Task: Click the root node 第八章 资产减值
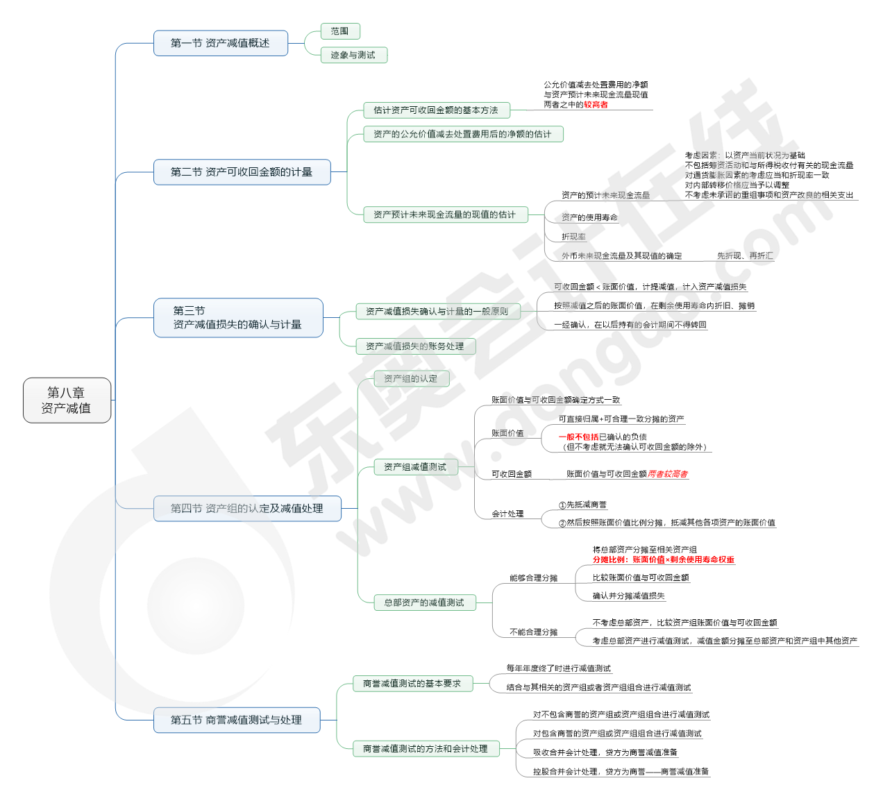pos(67,400)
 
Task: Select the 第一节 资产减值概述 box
pos(220,43)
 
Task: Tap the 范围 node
pos(340,31)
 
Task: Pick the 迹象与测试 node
pos(353,55)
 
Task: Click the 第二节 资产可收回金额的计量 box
pos(242,172)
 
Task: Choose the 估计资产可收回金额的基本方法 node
pos(436,110)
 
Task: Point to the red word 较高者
pos(596,105)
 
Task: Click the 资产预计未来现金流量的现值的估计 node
pos(445,214)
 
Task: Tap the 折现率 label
pos(573,237)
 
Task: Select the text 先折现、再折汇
pos(745,256)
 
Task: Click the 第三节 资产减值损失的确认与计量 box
pos(237,318)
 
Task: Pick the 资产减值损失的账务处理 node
pos(415,346)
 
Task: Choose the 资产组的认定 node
pos(411,379)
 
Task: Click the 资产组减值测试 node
pos(415,467)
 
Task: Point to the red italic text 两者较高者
pos(668,474)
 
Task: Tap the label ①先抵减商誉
pos(582,505)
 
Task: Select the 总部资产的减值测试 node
pos(424,602)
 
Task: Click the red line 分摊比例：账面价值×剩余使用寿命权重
pos(664,559)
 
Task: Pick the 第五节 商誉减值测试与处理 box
pos(237,720)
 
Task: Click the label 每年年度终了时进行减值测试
pos(559,668)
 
